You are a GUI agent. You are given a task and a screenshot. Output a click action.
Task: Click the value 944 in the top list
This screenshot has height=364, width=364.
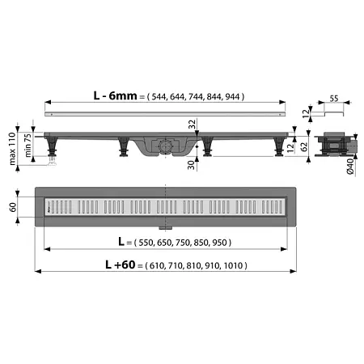coord(233,96)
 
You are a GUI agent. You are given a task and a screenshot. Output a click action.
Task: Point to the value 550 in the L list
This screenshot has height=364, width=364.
coord(148,242)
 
